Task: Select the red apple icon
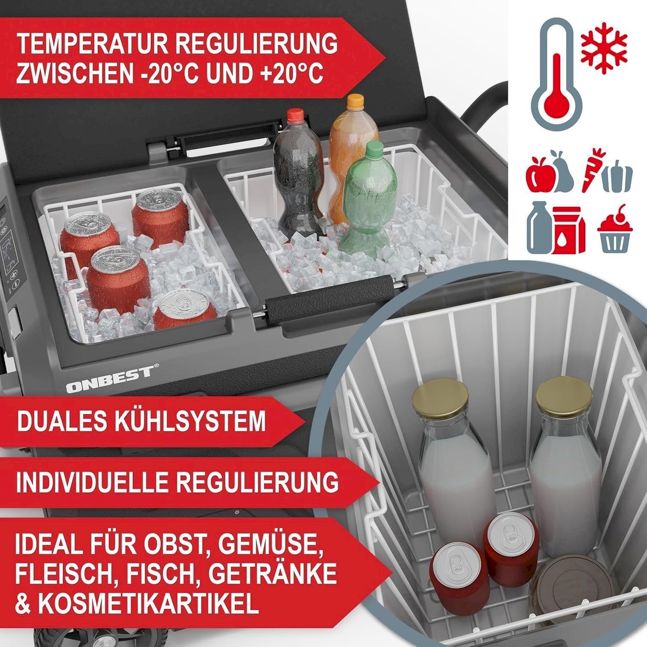coord(539,178)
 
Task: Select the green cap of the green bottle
coord(374,147)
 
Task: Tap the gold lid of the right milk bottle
coord(564,392)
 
